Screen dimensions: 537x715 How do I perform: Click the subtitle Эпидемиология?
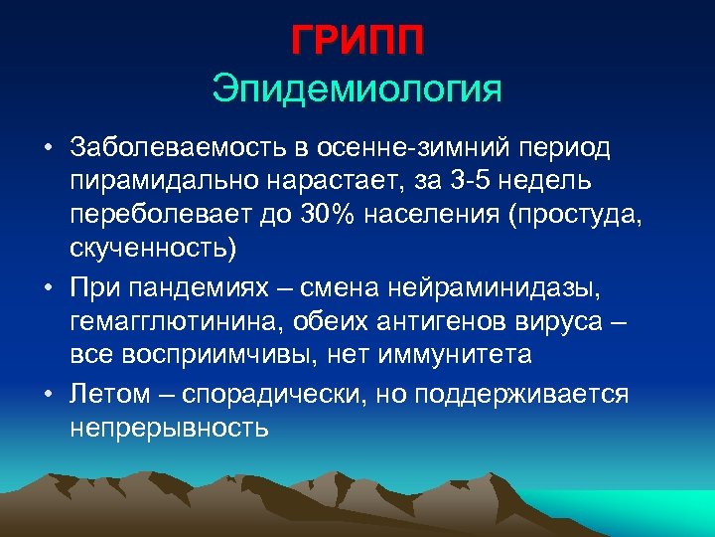pos(357,89)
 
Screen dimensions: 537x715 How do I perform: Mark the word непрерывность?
pos(170,428)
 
